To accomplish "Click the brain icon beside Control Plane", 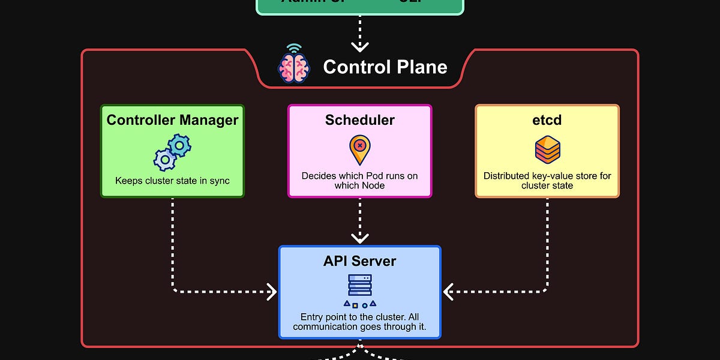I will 293,67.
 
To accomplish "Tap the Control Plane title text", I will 385,67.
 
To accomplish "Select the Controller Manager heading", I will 172,119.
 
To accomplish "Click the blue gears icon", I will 172,152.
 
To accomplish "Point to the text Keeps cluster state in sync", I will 172,181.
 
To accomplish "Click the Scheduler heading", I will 360,119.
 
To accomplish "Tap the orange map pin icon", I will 360,149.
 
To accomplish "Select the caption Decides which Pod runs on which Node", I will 360,181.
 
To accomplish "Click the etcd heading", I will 547,119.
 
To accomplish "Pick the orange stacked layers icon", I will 547,149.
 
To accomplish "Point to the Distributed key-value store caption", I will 547,181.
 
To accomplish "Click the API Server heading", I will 360,261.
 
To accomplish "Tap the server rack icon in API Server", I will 360,286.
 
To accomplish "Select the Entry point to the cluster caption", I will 360,322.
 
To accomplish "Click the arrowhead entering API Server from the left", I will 272,292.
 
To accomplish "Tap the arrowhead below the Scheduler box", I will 360,238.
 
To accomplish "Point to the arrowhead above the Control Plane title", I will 360,46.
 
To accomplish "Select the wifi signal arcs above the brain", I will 293,48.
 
